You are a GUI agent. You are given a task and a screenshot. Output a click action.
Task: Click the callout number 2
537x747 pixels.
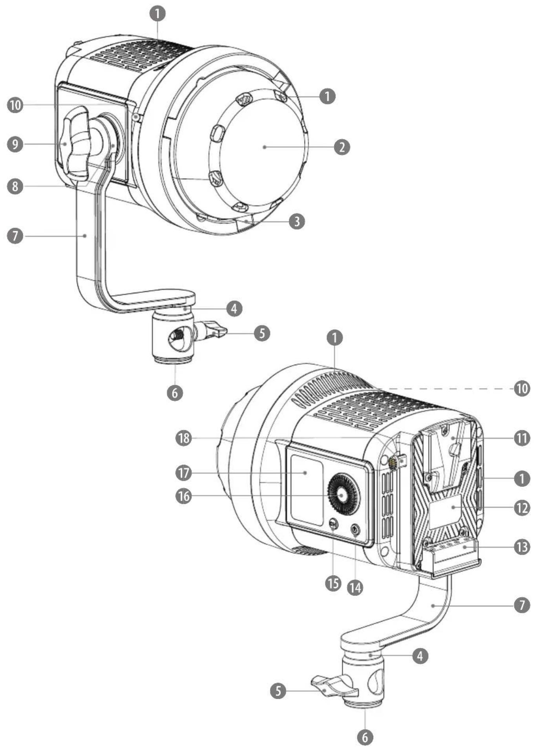point(342,147)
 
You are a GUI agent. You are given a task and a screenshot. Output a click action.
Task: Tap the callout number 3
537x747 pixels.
point(297,221)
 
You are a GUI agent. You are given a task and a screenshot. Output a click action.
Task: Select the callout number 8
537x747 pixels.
point(15,186)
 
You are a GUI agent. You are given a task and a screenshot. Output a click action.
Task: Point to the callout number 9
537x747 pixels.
point(15,144)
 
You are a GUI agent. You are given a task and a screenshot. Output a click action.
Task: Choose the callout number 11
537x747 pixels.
point(522,438)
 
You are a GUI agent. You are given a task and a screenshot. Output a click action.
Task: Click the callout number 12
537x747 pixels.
point(522,508)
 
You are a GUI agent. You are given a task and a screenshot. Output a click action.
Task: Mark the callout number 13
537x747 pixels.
point(522,547)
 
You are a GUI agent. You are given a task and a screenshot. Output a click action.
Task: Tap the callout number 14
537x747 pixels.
point(355,588)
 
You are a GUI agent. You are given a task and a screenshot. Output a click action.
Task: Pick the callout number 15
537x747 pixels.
point(333,583)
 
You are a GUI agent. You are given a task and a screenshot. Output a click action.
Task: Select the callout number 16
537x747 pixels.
point(184,496)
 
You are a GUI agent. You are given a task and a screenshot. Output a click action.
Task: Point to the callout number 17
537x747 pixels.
point(184,473)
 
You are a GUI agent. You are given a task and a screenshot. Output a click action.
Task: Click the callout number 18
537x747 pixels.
point(184,438)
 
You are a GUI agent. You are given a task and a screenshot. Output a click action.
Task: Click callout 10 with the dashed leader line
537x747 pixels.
point(522,389)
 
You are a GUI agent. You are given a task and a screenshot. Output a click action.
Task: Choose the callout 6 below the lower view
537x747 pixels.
point(365,737)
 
